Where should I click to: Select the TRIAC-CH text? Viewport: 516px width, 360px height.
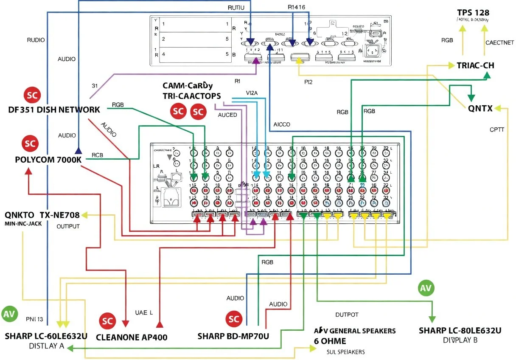tap(475, 65)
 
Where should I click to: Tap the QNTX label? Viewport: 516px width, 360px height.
tap(480, 108)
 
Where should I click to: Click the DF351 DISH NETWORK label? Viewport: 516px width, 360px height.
tap(54, 110)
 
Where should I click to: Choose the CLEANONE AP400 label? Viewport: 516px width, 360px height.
tap(132, 337)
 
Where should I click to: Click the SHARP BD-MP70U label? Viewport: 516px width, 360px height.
tap(233, 336)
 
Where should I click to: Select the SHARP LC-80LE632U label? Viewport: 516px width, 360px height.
tap(460, 330)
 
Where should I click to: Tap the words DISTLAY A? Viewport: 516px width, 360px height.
tap(35, 346)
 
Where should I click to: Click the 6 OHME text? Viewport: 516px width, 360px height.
tap(330, 341)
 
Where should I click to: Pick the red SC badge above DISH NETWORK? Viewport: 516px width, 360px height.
tap(32, 95)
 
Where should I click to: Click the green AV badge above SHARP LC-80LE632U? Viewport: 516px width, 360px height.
tap(426, 288)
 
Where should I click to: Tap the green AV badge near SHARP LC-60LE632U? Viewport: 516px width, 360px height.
tap(9, 314)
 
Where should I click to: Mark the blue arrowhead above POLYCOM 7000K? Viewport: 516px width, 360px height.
tap(78, 150)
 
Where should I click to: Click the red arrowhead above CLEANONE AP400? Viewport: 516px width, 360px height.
tap(160, 325)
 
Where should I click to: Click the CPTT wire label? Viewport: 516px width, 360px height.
tap(496, 129)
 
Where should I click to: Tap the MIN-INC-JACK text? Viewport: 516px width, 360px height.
tap(23, 223)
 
